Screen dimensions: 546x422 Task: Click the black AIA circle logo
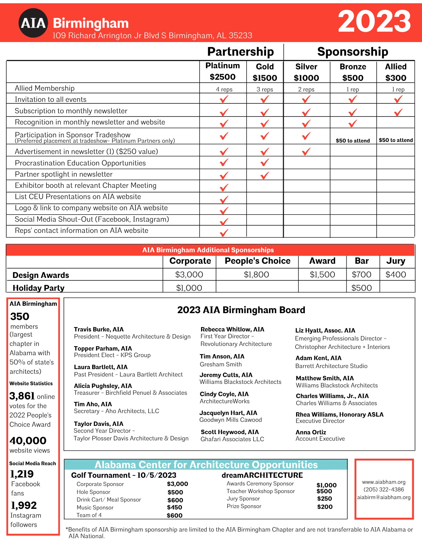click(33, 23)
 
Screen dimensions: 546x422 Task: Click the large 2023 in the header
click(374, 21)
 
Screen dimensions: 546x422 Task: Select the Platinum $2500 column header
click(223, 71)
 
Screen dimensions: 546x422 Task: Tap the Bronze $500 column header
click(353, 72)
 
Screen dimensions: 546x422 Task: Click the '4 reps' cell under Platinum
click(224, 89)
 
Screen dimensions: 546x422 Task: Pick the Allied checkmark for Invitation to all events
click(398, 99)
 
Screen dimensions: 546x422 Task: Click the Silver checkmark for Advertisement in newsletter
click(306, 151)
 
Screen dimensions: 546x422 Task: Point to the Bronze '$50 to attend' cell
click(353, 141)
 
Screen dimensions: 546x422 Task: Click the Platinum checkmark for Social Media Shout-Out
click(224, 221)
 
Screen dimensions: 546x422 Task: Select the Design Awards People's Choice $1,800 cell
click(256, 274)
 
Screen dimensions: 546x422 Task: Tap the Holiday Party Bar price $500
click(361, 288)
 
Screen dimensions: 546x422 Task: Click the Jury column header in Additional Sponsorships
click(396, 261)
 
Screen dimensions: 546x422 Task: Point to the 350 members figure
click(20, 316)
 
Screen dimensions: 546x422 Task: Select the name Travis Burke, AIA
click(99, 329)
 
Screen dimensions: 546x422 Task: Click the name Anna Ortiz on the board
click(311, 432)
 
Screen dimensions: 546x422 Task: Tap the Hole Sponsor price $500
click(175, 492)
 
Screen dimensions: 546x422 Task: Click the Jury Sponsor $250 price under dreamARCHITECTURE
click(324, 498)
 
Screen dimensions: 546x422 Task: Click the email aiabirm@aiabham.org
click(384, 497)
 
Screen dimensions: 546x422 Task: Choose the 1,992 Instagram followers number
click(24, 505)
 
